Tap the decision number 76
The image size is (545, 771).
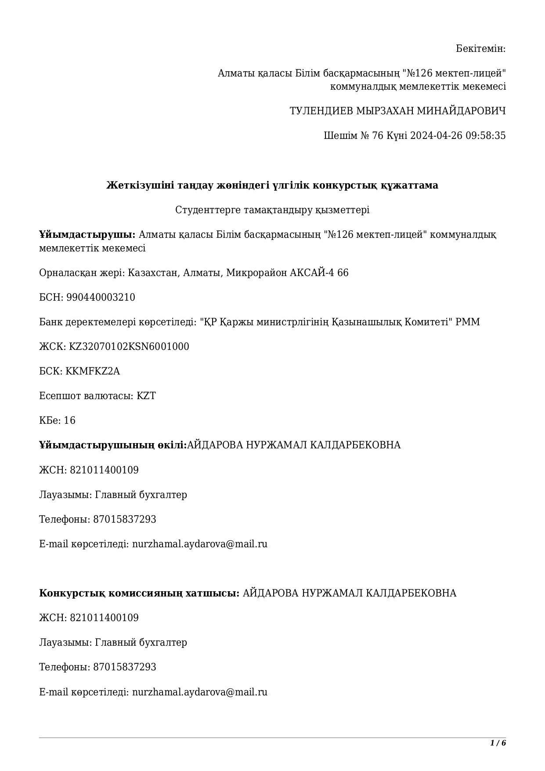[378, 135]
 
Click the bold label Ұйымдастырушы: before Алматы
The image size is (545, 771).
[87, 234]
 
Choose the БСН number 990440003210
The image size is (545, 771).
[101, 297]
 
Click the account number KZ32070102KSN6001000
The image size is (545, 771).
[129, 346]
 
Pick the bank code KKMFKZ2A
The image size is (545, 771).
[93, 371]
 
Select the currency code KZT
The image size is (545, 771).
[146, 396]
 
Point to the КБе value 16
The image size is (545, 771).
[70, 420]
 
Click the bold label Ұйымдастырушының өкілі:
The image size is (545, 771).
[113, 445]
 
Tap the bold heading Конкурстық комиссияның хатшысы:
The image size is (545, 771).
[139, 593]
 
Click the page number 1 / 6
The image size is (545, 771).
[498, 743]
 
